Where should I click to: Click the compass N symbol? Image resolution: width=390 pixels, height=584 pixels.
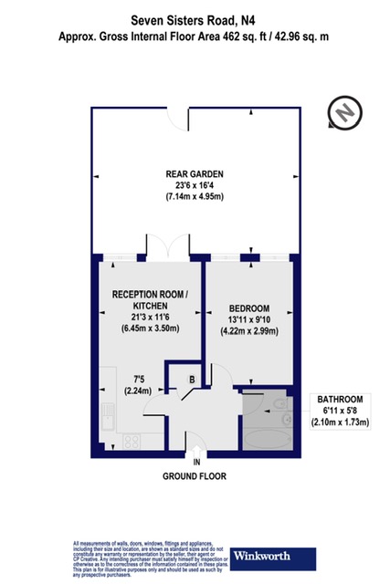click(344, 113)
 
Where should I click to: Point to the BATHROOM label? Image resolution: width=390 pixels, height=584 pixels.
click(341, 400)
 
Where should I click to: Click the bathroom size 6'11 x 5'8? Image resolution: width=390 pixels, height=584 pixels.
click(341, 411)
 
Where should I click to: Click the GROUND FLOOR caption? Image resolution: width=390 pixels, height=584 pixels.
click(194, 476)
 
